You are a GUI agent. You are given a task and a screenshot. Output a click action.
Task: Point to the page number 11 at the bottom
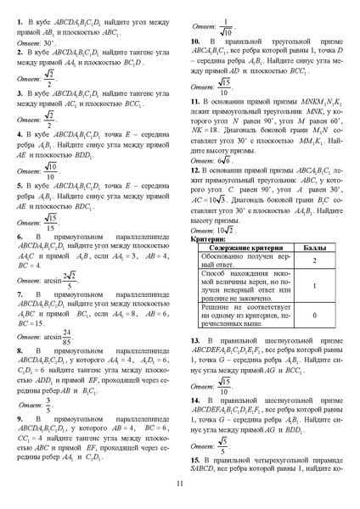180,484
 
